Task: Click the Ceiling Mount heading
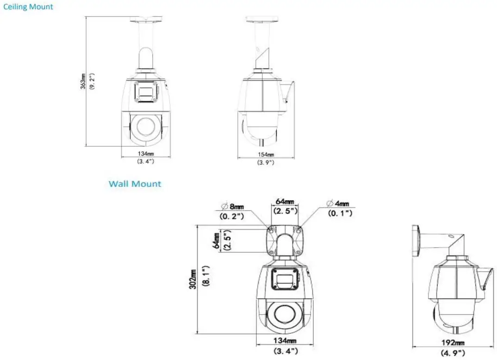[28, 7]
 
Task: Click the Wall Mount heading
[135, 184]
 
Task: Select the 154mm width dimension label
[265, 154]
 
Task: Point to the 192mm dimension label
[452, 343]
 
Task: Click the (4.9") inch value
[452, 353]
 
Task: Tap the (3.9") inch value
[265, 162]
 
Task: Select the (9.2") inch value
[92, 81]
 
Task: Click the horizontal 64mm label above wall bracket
[285, 202]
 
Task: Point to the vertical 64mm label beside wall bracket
[216, 240]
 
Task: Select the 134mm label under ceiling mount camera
[145, 153]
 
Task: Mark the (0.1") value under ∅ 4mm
[340, 213]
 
